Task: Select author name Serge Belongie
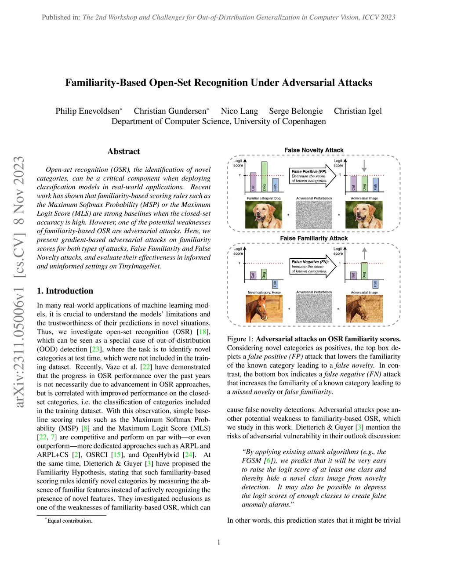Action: [x=296, y=111]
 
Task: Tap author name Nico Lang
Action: [x=239, y=111]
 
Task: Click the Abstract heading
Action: [x=123, y=152]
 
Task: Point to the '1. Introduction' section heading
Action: [x=65, y=291]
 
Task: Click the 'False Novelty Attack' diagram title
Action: [x=314, y=150]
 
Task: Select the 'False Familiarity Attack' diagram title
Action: [x=314, y=238]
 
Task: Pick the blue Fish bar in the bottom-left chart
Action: [x=275, y=284]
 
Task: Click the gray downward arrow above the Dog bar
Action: [x=364, y=166]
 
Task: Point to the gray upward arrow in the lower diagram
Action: [x=364, y=253]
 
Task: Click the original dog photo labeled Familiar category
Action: [x=263, y=215]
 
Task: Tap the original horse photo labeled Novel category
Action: [x=264, y=308]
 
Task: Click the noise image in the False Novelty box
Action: [x=314, y=215]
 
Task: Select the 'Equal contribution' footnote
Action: [x=69, y=521]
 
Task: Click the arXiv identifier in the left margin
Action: [x=19, y=281]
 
